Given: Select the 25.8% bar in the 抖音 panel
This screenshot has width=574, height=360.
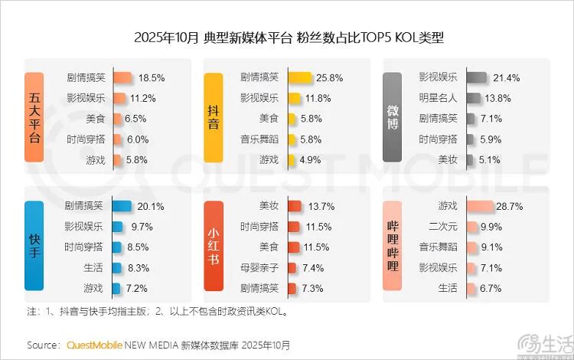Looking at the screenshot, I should pos(299,77).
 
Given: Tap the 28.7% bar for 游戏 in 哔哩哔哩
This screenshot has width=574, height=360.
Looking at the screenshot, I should pos(479,206).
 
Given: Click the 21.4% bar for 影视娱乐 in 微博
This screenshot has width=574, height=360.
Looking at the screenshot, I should pos(476,77).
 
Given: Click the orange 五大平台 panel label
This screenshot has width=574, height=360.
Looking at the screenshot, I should pos(34,117).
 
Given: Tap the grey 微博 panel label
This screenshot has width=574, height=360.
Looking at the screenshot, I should pos(392,117).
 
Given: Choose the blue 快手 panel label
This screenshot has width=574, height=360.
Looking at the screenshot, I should pos(34,246).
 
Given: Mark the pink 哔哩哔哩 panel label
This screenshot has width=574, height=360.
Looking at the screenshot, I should pos(392,246).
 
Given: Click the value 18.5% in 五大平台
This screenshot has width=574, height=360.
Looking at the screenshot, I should pos(152,77).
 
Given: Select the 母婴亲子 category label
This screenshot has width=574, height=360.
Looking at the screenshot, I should pos(260,267).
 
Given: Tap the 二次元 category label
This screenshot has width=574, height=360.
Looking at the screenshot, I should pos(443,227).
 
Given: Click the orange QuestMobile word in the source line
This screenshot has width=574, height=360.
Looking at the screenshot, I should pos(94,345).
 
